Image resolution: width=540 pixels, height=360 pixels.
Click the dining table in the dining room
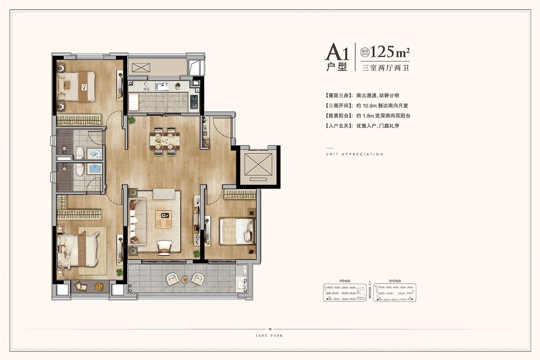[165, 141]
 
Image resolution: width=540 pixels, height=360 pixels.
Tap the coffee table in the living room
[164, 219]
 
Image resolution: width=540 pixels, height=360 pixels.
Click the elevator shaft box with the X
[258, 164]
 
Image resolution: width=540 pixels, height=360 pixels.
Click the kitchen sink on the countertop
[162, 86]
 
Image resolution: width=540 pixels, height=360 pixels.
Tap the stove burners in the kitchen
[194, 101]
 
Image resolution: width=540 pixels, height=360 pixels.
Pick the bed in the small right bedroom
[237, 231]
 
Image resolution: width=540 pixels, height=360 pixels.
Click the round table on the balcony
[185, 279]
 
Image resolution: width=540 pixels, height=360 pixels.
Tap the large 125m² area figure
[390, 52]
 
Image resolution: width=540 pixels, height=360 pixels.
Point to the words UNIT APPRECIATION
[354, 154]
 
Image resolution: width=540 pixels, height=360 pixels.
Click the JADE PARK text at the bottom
[269, 336]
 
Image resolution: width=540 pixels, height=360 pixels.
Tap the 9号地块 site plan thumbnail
[344, 292]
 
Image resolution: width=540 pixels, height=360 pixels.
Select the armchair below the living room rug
[165, 247]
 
